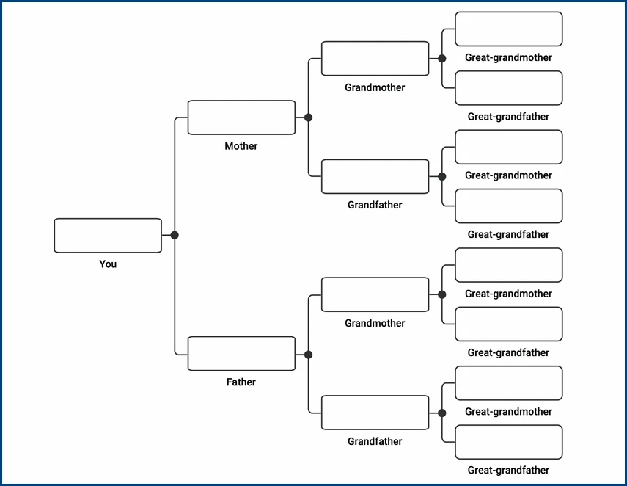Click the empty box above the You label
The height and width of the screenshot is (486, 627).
pos(108,236)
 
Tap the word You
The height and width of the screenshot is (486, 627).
pos(108,264)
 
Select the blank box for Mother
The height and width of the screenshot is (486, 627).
pos(241,117)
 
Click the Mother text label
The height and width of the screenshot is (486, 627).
pos(241,146)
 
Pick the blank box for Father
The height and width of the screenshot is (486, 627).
pos(241,354)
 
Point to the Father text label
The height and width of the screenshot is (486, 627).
pos(241,382)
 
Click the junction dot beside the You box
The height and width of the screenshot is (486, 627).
pos(175,236)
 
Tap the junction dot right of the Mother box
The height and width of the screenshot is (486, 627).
pos(308,117)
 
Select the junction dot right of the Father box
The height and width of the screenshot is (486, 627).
pos(308,355)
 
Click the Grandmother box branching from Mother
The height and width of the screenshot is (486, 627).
pos(375,59)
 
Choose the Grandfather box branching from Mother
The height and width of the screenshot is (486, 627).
pos(375,177)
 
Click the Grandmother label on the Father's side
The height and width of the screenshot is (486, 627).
pos(375,323)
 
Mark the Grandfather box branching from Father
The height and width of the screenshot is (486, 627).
pos(375,413)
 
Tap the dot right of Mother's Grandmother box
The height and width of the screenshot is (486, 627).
pos(441,59)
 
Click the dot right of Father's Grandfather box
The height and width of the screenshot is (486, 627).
pos(441,413)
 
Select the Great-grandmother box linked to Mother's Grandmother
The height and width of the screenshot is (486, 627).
pos(508,29)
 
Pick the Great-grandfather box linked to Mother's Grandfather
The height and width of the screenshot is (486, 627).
pos(508,206)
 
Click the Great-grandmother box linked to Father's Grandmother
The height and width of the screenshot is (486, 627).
pos(508,265)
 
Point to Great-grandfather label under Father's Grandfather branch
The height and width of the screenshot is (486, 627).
pos(508,471)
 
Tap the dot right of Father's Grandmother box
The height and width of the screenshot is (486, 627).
pos(441,294)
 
